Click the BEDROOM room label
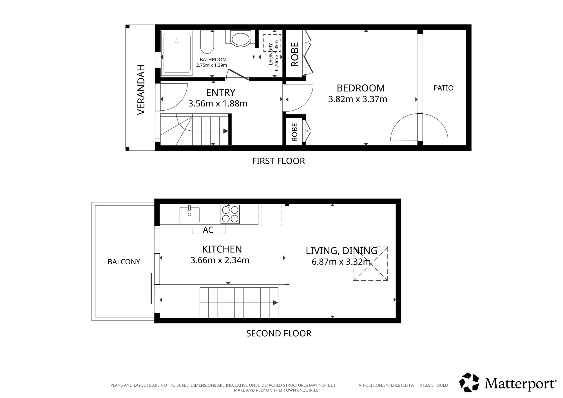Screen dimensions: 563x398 click(361, 88)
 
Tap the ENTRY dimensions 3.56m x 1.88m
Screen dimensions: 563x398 click(218, 104)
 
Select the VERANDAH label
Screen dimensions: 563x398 click(141, 90)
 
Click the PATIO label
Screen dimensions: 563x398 click(443, 88)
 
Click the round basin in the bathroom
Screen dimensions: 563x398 click(240, 39)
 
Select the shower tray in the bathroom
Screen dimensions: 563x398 click(177, 53)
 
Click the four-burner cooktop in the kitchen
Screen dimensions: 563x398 click(230, 214)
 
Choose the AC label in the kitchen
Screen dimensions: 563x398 click(208, 230)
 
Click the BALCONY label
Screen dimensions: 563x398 click(124, 262)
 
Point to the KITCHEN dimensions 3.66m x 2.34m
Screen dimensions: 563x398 click(220, 260)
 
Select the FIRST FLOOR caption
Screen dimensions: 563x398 click(278, 161)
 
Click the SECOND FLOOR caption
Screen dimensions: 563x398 click(279, 334)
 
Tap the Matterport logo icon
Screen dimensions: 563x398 click(469, 383)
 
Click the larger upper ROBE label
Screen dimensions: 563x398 click(295, 54)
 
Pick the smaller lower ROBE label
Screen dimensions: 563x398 click(295, 132)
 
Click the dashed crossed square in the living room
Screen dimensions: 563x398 click(371, 264)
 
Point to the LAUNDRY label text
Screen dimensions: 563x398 click(271, 54)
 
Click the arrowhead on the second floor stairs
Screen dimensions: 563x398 click(275, 303)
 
